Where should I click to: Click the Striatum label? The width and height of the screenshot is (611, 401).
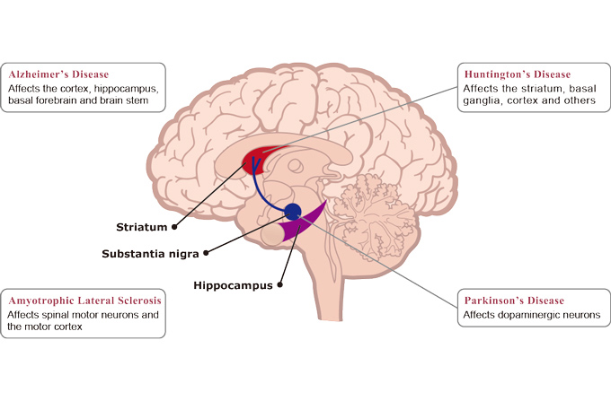(141, 226)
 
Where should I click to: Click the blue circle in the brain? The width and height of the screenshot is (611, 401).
(292, 212)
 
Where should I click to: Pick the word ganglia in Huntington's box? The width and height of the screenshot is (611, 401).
(483, 101)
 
